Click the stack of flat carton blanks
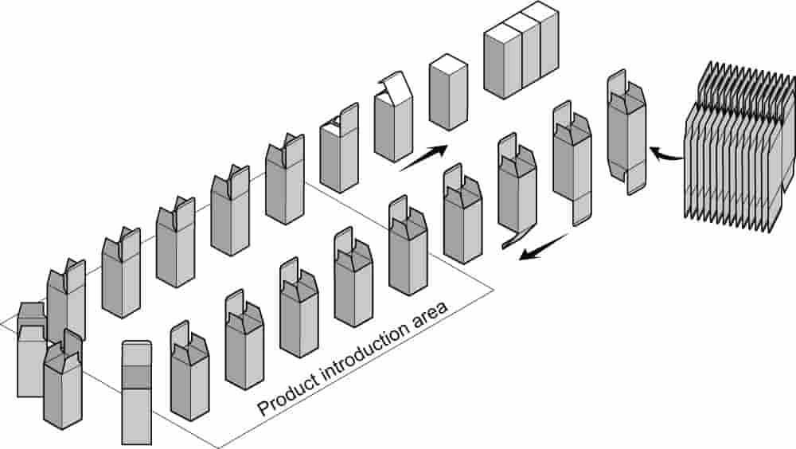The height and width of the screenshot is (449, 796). pyautogui.click(x=739, y=147)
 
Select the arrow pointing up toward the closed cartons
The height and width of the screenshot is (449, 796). pyautogui.click(x=424, y=158)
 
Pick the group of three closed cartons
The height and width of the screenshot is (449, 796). pyautogui.click(x=521, y=50)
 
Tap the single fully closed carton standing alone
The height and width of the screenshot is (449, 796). pyautogui.click(x=448, y=92)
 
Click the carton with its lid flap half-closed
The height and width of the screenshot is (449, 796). pyautogui.click(x=392, y=119)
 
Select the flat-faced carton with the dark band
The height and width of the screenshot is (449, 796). pyautogui.click(x=137, y=392)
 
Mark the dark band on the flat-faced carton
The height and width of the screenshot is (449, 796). pyautogui.click(x=137, y=377)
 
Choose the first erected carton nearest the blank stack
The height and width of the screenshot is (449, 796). pyautogui.click(x=627, y=132)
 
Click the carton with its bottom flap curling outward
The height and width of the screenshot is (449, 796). pyautogui.click(x=517, y=190)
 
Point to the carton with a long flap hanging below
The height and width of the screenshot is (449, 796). pyautogui.click(x=572, y=162)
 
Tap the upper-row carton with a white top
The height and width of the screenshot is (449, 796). pyautogui.click(x=339, y=148)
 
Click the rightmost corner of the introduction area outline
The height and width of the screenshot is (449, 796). pyautogui.click(x=494, y=291)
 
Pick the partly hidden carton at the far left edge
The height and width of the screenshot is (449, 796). pyautogui.click(x=32, y=349)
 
